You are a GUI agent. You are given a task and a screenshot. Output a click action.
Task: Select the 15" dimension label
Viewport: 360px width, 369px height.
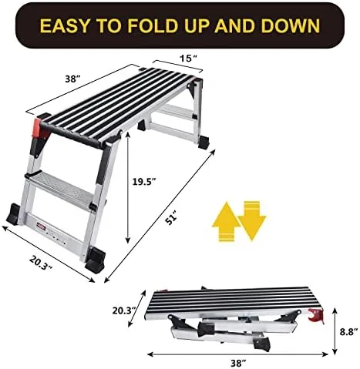click(x=188, y=59)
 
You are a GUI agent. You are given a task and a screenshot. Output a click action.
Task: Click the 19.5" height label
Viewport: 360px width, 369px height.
click(x=144, y=182)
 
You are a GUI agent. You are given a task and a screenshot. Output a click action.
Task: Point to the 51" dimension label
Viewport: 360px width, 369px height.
click(x=171, y=218)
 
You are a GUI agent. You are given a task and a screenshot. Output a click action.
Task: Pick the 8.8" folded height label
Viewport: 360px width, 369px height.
click(x=348, y=331)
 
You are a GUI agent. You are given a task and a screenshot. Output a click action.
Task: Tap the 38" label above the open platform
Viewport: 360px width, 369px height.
click(x=73, y=79)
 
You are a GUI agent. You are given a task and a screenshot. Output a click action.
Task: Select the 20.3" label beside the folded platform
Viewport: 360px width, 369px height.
click(x=124, y=310)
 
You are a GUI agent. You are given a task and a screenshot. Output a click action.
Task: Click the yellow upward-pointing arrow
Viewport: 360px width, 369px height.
click(x=226, y=221)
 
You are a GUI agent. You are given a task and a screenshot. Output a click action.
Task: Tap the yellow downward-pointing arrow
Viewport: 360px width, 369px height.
click(x=252, y=221)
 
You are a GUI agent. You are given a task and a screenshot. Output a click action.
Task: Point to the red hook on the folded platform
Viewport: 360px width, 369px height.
click(x=316, y=315)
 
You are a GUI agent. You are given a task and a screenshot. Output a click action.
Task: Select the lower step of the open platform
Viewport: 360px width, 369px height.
click(x=62, y=188)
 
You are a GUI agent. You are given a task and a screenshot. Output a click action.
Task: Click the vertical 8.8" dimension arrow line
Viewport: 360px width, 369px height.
click(x=335, y=331)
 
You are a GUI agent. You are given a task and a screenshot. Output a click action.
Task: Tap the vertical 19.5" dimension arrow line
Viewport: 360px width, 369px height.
click(x=127, y=187)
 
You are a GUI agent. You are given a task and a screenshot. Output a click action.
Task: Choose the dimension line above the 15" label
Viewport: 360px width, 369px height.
click(x=178, y=66)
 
